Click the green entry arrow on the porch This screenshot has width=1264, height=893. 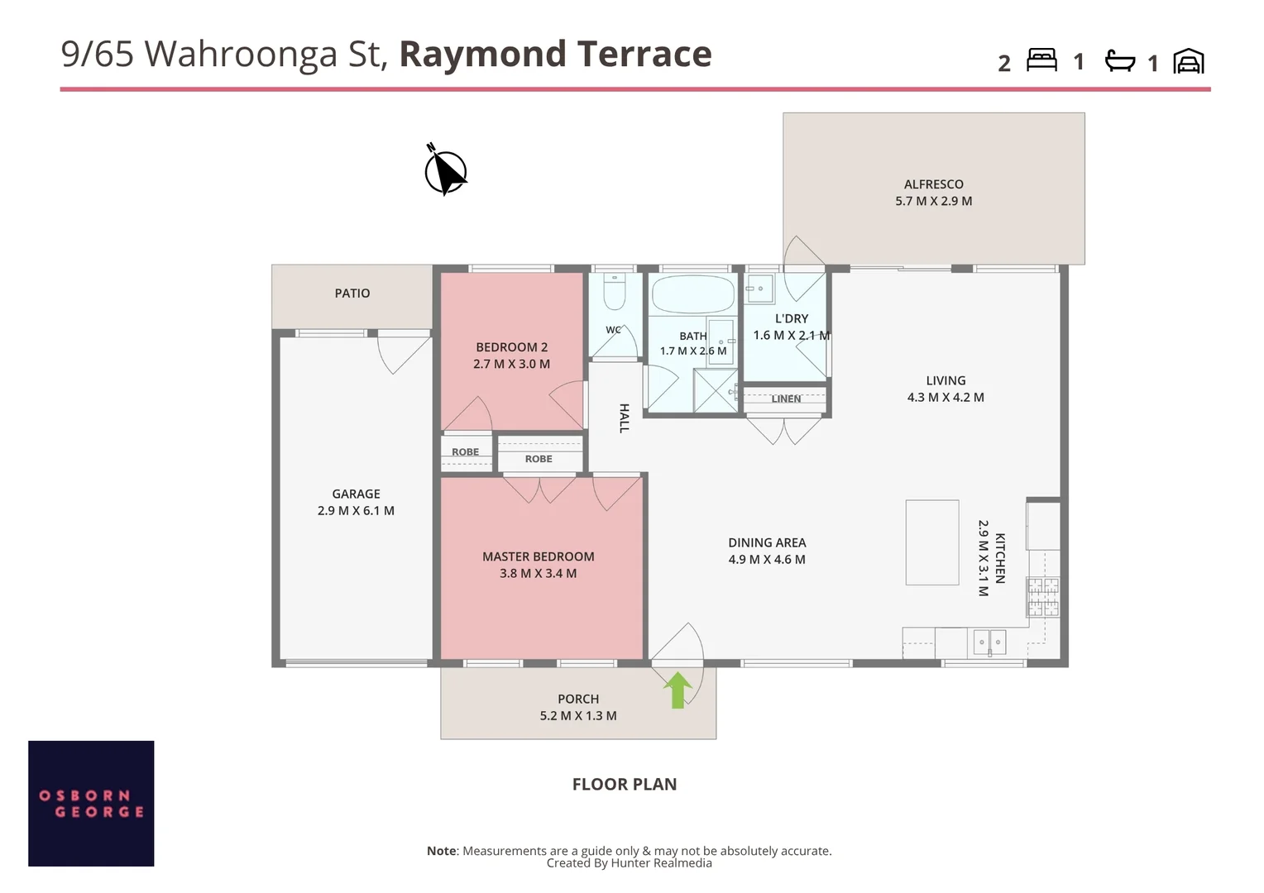click(x=677, y=690)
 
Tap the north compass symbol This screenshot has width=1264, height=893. click(x=446, y=170)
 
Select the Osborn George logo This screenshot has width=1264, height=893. click(x=91, y=804)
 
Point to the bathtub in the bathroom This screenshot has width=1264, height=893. click(x=693, y=294)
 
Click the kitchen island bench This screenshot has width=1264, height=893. click(x=932, y=542)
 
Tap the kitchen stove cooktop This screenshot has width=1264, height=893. click(x=1043, y=596)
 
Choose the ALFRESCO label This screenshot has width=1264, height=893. click(x=933, y=184)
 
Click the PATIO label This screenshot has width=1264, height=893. click(x=352, y=294)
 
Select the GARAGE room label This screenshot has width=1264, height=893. click(x=356, y=494)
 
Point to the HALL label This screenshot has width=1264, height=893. click(x=624, y=418)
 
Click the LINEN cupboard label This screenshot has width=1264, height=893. click(x=786, y=399)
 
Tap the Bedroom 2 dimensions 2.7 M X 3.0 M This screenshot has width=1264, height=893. click(x=511, y=364)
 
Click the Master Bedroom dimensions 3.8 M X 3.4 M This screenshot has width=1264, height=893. click(x=538, y=573)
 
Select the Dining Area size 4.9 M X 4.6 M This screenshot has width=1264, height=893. click(x=767, y=559)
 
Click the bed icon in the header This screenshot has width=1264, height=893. click(x=1041, y=60)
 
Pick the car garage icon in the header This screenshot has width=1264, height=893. click(x=1189, y=61)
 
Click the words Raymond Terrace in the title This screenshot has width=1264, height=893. click(x=555, y=54)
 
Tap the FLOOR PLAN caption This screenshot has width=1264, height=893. click(x=624, y=784)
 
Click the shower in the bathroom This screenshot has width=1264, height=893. click(x=716, y=390)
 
